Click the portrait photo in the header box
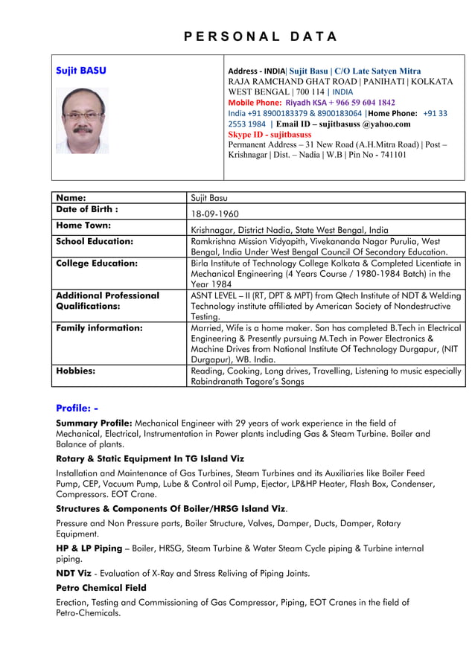click(82, 121)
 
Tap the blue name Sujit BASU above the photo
click(81, 71)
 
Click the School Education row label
click(95, 241)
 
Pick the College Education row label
click(97, 263)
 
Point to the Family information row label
click(100, 327)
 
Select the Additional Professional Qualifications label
click(107, 301)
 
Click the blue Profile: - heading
click(77, 408)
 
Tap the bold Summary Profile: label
click(94, 423)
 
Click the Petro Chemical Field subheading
click(101, 588)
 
